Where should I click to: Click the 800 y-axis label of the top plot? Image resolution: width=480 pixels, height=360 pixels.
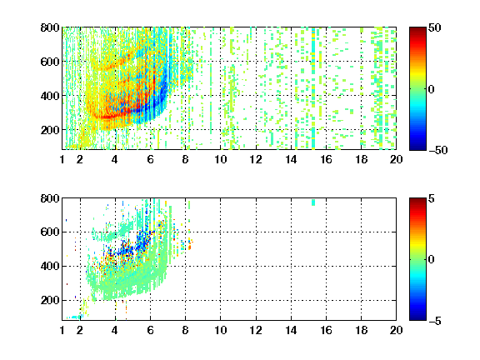click(x=50, y=27)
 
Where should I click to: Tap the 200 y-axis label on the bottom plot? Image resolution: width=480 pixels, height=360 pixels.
click(x=50, y=300)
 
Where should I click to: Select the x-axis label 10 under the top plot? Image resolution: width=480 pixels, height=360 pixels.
click(x=220, y=159)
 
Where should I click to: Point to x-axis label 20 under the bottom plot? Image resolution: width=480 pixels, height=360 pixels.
click(x=396, y=330)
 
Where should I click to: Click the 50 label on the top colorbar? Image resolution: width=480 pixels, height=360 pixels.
click(x=434, y=27)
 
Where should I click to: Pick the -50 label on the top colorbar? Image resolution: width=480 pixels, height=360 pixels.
click(x=437, y=150)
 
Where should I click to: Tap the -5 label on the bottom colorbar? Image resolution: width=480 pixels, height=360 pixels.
click(x=435, y=321)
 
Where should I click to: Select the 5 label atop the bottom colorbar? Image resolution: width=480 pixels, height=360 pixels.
click(x=432, y=198)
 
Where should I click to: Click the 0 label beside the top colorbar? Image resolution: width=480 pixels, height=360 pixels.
click(x=432, y=89)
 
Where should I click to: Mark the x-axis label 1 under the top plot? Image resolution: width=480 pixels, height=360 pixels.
click(x=62, y=159)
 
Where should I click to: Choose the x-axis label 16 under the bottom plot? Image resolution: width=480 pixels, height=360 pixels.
click(x=326, y=330)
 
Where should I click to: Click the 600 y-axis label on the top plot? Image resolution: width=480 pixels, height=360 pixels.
click(x=50, y=62)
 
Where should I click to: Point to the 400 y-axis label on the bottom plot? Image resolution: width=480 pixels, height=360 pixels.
click(x=50, y=266)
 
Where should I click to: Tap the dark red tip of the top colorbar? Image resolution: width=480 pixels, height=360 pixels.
click(x=417, y=29)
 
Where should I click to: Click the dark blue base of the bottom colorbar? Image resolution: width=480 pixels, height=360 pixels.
click(x=417, y=318)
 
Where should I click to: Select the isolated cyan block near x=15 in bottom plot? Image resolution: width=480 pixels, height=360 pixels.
click(x=313, y=202)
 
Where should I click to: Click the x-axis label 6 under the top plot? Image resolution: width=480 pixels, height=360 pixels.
click(x=150, y=159)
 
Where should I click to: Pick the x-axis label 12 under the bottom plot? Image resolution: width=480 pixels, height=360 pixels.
click(x=256, y=330)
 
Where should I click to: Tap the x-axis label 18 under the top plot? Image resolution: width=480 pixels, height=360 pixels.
click(x=361, y=159)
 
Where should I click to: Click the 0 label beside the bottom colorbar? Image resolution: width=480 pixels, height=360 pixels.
click(x=432, y=260)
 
